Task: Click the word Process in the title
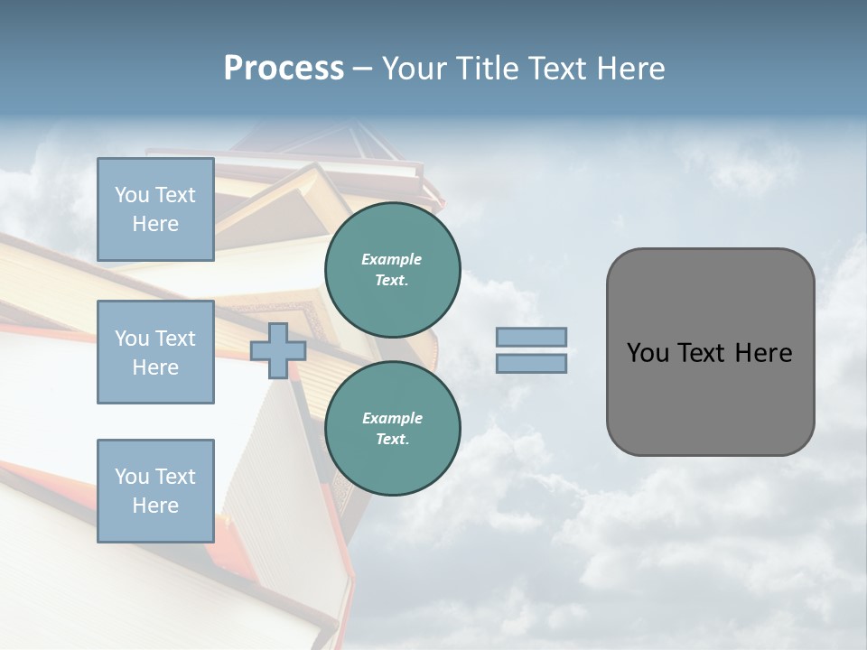pos(284,69)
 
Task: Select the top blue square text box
pos(155,209)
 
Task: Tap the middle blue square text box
pos(155,352)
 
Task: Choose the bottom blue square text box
pos(155,491)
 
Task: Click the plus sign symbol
pos(278,351)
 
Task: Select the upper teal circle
pos(392,270)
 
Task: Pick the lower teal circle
pos(392,429)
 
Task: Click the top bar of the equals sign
pos(531,338)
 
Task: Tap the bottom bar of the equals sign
pos(531,364)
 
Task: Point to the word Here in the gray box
pos(763,353)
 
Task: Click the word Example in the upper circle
pos(392,260)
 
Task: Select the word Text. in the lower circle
pos(392,440)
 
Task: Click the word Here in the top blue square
pos(155,224)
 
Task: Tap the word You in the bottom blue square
pos(132,477)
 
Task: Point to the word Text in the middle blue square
pos(175,339)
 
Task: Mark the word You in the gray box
pos(647,353)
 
